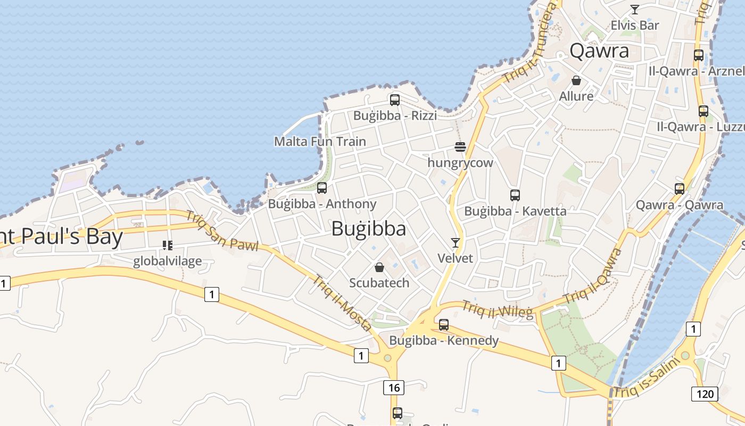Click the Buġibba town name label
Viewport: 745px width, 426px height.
368,228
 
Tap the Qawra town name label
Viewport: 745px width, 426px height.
599,51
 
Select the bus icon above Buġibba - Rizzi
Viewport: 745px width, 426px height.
395,100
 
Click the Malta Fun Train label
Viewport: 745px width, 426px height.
320,142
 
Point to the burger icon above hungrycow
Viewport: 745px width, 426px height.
460,147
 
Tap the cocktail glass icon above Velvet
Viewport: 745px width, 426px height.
455,243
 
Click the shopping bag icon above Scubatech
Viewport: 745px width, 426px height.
379,267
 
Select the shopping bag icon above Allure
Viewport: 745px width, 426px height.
576,80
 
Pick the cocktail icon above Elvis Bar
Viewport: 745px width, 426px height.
634,9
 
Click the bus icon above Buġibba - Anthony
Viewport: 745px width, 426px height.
322,187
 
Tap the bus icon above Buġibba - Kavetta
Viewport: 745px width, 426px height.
515,195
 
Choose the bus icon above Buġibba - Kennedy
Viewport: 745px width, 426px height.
444,324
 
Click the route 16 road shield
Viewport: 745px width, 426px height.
394,388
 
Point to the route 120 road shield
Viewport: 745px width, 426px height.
705,394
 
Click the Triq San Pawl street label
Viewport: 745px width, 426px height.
222,231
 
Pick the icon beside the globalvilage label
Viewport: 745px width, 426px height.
168,245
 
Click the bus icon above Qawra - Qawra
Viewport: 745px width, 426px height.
680,189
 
